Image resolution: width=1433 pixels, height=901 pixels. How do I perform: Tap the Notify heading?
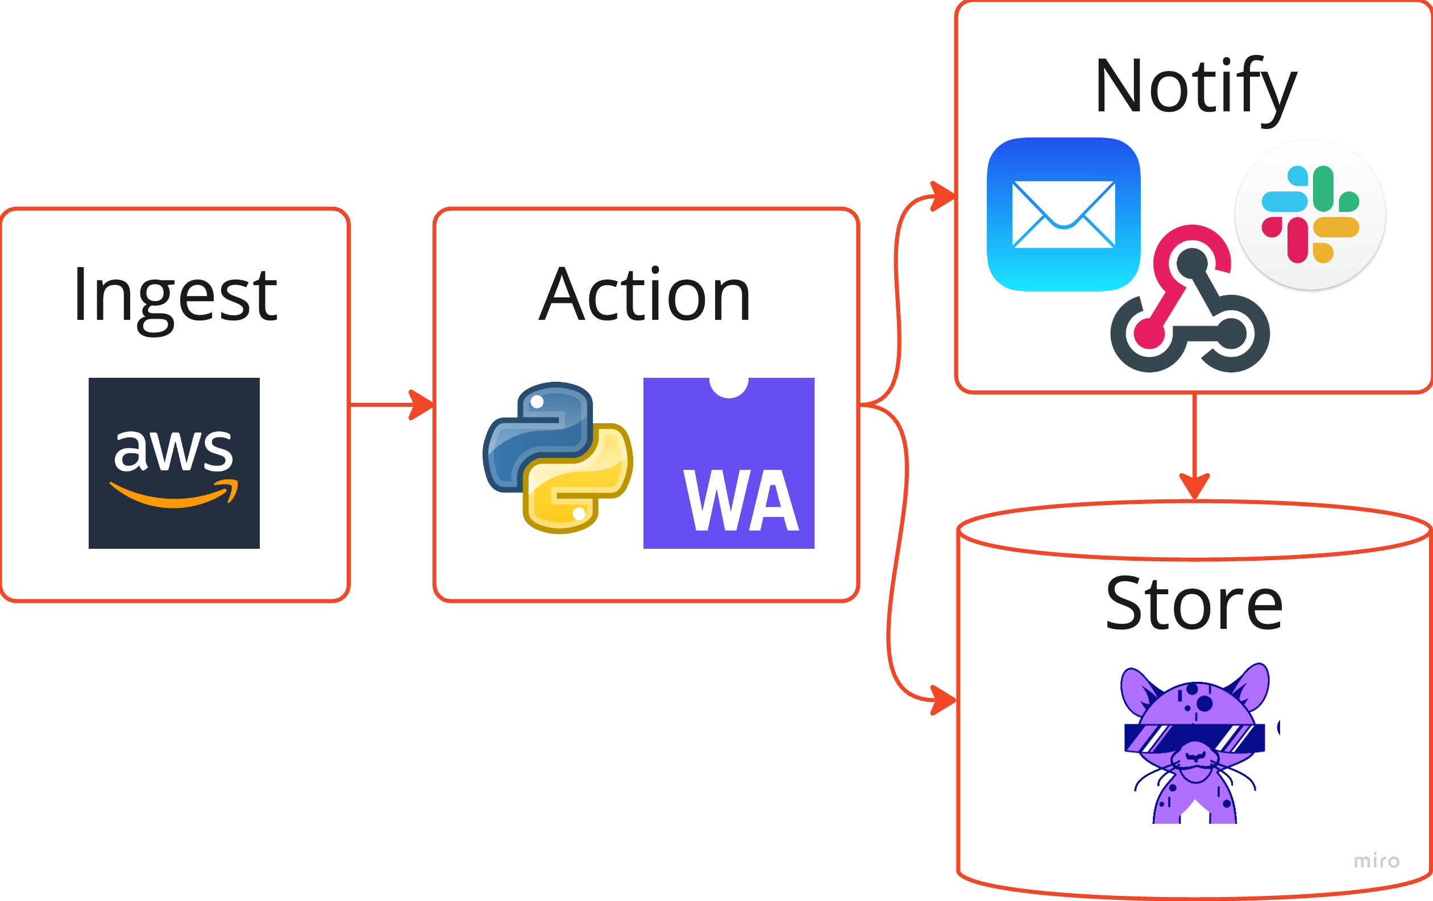pyautogui.click(x=1195, y=90)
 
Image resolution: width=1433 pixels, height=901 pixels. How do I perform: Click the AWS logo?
pyautogui.click(x=174, y=462)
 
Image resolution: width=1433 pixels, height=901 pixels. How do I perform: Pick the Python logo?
pyautogui.click(x=558, y=457)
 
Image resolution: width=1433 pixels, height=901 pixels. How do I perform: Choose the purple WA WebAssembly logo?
pyautogui.click(x=728, y=462)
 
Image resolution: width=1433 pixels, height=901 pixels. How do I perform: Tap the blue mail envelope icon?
pyautogui.click(x=1064, y=214)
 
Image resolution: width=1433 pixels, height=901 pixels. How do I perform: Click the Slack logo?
pyautogui.click(x=1310, y=215)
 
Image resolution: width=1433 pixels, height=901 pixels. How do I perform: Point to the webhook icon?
pyautogui.click(x=1190, y=299)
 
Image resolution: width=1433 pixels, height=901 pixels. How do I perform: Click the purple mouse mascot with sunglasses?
pyautogui.click(x=1196, y=743)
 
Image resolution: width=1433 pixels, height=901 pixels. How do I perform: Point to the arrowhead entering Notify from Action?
pyautogui.click(x=943, y=195)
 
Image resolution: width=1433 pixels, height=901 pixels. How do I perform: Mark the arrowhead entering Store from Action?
pyautogui.click(x=944, y=700)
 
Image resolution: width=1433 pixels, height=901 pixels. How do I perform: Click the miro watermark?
pyautogui.click(x=1377, y=861)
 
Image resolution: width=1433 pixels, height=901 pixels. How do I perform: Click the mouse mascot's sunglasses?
pyautogui.click(x=1194, y=738)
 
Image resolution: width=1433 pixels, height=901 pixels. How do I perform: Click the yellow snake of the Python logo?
pyautogui.click(x=578, y=479)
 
